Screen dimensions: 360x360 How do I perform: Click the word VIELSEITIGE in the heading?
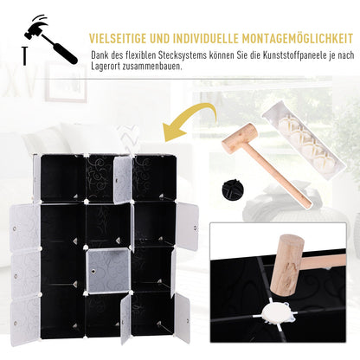pyautogui.click(x=118, y=38)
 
